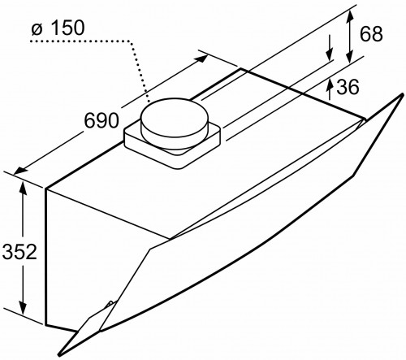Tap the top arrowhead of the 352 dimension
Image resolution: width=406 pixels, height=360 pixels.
[24, 189]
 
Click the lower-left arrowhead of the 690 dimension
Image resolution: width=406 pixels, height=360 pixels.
[21, 168]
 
